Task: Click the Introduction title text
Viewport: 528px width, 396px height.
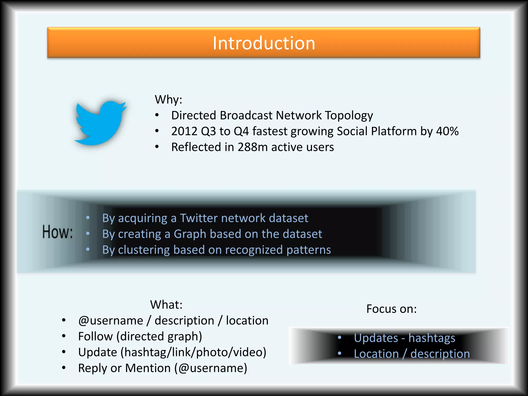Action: (264, 43)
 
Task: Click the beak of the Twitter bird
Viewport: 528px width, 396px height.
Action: (124, 106)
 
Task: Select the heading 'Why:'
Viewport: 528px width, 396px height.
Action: (168, 100)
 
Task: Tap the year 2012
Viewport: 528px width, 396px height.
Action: (184, 131)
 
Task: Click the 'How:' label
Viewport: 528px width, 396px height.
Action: (57, 232)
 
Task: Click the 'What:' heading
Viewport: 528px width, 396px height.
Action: (166, 305)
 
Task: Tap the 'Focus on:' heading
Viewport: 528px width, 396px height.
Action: (391, 309)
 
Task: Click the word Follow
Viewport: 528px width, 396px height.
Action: (95, 336)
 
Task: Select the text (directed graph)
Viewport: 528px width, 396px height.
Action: (159, 337)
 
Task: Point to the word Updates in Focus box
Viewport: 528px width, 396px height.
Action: (376, 338)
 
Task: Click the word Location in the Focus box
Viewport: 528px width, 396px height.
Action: (376, 354)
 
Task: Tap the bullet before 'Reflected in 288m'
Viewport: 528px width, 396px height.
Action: (157, 147)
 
